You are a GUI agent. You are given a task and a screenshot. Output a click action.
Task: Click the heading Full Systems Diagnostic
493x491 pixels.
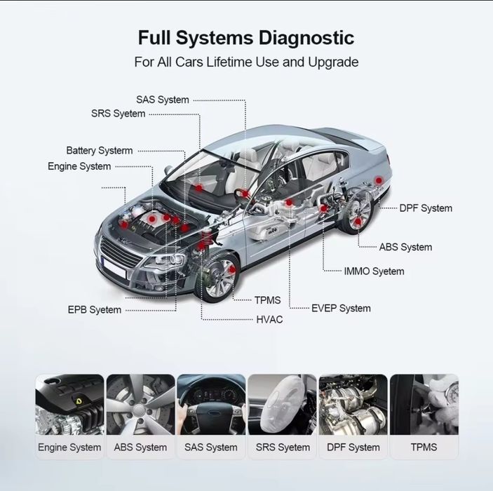click(246, 37)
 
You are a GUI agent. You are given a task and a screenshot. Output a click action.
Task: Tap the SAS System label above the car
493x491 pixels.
click(163, 100)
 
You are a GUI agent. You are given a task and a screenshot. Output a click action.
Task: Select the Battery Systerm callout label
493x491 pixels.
click(100, 150)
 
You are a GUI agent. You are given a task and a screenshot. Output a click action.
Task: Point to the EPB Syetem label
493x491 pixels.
click(95, 309)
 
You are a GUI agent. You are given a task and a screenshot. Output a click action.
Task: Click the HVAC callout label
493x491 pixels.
click(269, 319)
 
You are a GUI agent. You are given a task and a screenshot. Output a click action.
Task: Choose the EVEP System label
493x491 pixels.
click(341, 308)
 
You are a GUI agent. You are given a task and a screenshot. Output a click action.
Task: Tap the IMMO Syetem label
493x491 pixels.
click(374, 271)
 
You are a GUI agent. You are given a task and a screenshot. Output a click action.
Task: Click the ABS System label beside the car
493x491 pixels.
click(405, 247)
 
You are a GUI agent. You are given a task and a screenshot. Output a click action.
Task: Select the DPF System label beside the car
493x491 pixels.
click(426, 208)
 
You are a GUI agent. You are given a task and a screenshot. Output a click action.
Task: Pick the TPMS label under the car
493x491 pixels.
click(267, 300)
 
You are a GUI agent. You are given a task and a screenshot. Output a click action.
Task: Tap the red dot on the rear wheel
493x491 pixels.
click(358, 222)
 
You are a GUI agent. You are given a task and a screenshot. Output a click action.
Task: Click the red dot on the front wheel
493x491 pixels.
click(232, 269)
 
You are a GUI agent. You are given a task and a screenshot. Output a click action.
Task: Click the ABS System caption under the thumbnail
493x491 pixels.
click(140, 447)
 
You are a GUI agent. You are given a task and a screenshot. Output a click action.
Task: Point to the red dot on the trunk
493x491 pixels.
click(379, 181)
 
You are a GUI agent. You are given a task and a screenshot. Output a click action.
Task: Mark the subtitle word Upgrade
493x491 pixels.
click(332, 62)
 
